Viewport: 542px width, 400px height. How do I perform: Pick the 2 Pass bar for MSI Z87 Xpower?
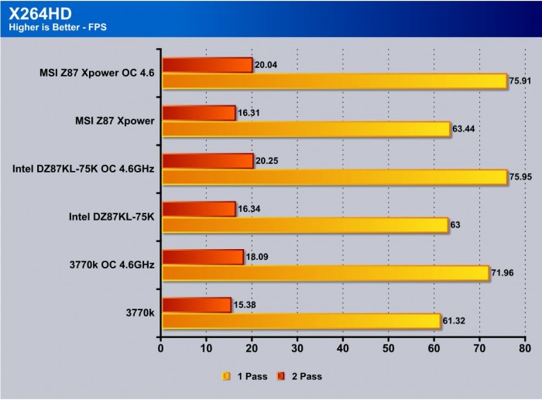(198, 113)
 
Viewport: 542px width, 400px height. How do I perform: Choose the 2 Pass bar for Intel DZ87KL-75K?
(198, 209)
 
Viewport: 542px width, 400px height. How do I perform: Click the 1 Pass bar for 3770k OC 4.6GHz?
(325, 273)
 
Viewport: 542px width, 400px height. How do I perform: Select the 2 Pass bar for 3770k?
(196, 305)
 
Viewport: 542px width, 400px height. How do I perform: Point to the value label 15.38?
(243, 304)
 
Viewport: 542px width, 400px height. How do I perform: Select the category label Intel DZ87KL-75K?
(112, 217)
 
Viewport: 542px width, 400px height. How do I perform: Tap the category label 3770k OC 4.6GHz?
(112, 265)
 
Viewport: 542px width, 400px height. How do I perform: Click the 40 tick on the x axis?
(343, 348)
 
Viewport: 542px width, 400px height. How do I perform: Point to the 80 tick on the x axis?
(526, 348)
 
